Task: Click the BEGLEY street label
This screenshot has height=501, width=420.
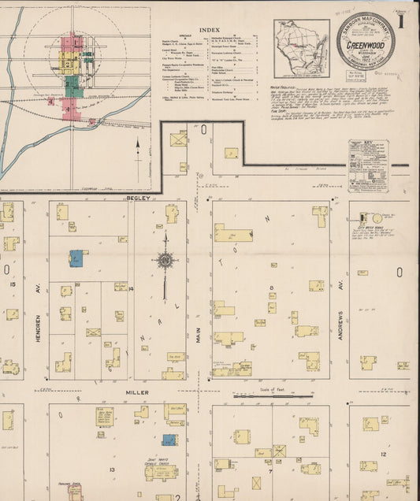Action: click(131, 199)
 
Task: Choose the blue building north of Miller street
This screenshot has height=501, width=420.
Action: click(76, 258)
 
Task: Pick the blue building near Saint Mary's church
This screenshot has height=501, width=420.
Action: click(169, 440)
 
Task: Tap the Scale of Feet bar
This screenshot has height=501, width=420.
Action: click(272, 395)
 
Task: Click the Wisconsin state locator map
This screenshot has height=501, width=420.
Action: click(301, 48)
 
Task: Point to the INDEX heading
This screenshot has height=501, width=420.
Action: click(210, 29)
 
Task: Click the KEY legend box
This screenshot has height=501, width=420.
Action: click(368, 163)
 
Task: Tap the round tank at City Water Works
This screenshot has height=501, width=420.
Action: click(377, 218)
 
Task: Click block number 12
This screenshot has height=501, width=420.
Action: click(382, 455)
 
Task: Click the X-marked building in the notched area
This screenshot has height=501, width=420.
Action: click(180, 139)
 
